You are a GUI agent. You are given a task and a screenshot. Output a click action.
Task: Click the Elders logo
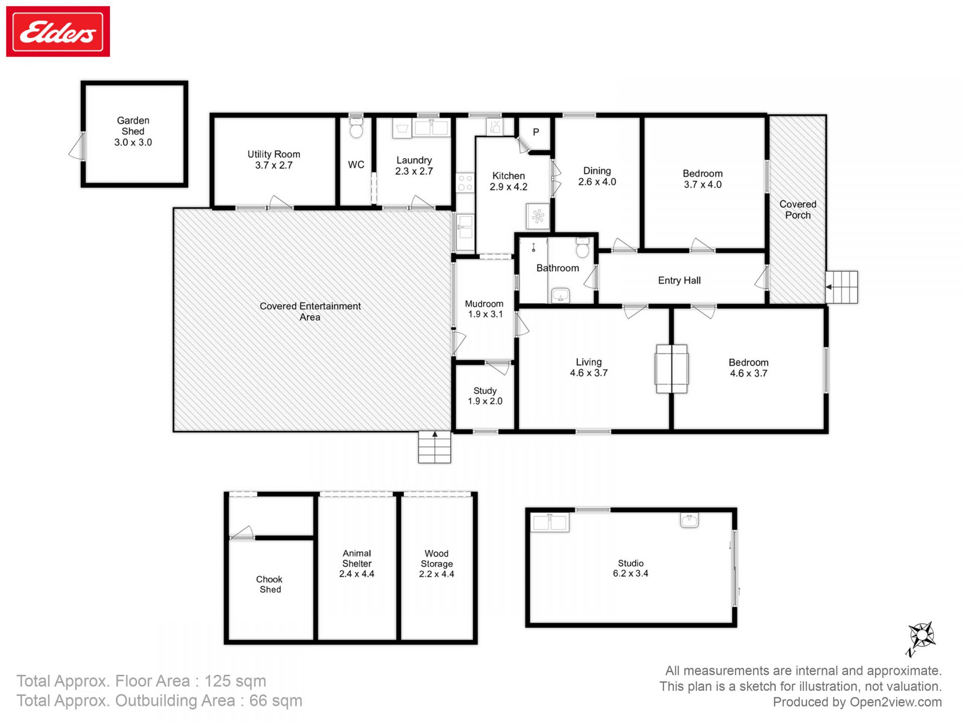(x=58, y=32)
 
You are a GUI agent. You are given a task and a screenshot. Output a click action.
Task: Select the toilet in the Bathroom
(x=582, y=247)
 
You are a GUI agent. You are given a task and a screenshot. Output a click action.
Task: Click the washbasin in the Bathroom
(x=560, y=295)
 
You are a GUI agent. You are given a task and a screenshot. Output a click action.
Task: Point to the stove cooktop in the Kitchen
(x=465, y=183)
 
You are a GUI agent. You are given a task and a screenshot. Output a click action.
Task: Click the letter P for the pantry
(x=536, y=132)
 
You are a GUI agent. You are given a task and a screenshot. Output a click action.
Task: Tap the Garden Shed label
(x=133, y=126)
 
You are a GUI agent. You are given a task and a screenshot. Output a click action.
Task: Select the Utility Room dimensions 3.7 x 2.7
(x=274, y=165)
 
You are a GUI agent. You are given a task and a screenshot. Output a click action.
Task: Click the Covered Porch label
(x=798, y=210)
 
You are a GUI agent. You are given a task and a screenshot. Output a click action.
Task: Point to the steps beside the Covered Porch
(x=842, y=287)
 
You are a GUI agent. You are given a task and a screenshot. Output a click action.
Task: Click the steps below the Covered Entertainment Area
(x=435, y=447)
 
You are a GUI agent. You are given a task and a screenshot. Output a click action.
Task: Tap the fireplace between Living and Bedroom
(x=671, y=369)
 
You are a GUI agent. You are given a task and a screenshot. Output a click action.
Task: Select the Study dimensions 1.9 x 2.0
(x=485, y=401)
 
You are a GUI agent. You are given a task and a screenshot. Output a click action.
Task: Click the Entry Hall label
(x=679, y=280)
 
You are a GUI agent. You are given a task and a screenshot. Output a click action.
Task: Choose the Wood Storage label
(x=436, y=558)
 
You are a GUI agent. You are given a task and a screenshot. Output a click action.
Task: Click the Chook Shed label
(x=270, y=584)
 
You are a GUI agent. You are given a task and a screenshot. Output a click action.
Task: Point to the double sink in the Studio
(x=550, y=523)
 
